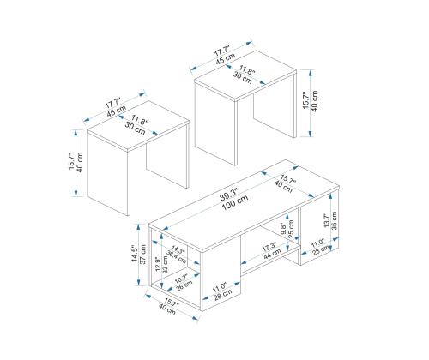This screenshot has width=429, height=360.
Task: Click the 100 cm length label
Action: click(x=236, y=202)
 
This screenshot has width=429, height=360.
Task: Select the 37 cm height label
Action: click(x=142, y=255)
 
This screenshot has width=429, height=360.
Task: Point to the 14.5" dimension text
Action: click(x=135, y=255)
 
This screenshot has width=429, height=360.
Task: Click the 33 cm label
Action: click(x=166, y=265)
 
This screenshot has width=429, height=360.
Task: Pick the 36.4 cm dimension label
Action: click(x=177, y=257)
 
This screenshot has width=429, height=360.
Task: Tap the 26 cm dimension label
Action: click(x=184, y=285)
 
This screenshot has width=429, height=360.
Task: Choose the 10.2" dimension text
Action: click(x=181, y=279)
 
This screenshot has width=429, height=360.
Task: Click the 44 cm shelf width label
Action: click(x=272, y=254)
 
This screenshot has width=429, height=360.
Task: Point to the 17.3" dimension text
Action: click(x=269, y=247)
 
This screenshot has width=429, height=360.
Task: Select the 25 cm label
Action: click(x=291, y=229)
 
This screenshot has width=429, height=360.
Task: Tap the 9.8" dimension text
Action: click(x=283, y=229)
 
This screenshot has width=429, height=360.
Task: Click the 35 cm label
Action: click(x=334, y=220)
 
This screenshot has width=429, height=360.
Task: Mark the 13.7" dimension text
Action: click(x=326, y=220)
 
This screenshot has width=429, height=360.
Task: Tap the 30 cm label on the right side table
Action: click(x=243, y=77)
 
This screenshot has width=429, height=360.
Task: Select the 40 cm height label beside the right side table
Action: click(x=314, y=101)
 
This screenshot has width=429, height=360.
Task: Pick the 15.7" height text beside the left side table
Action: click(x=71, y=162)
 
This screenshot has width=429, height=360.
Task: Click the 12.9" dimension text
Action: click(x=158, y=265)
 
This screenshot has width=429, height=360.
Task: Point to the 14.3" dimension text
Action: click(x=178, y=250)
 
